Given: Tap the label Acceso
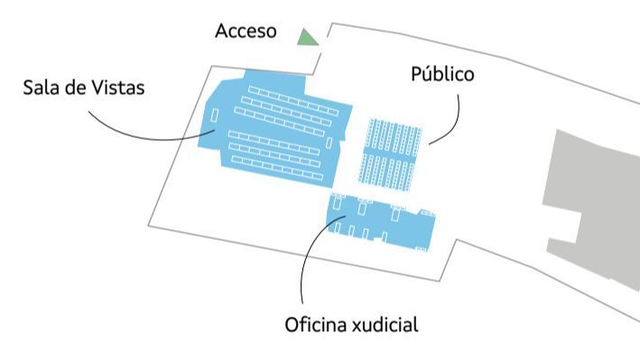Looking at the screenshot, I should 246,32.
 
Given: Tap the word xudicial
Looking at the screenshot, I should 385,325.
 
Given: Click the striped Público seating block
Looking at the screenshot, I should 393,153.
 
